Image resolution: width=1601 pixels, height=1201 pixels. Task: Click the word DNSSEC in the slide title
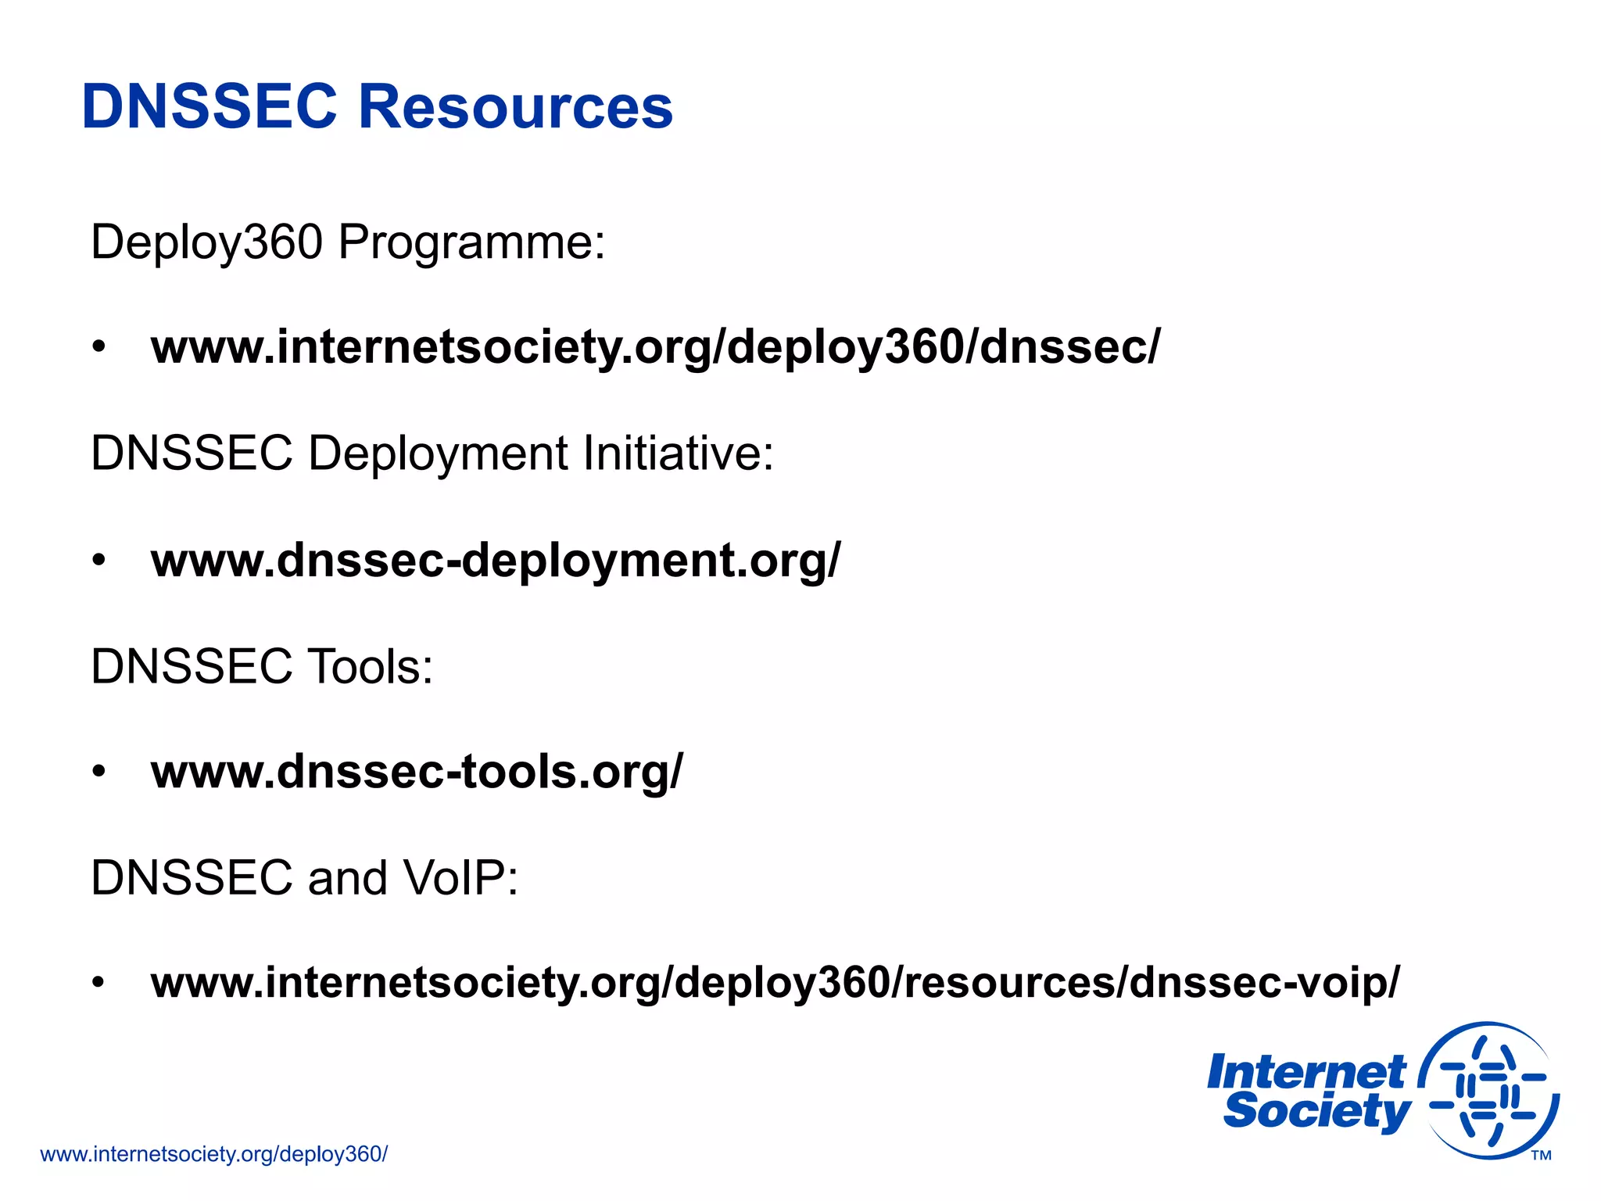tap(209, 106)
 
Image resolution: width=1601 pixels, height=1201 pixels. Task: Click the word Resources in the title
tap(515, 106)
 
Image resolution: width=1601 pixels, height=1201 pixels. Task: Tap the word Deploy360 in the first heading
tap(206, 242)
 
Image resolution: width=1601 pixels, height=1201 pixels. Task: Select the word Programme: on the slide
tap(471, 242)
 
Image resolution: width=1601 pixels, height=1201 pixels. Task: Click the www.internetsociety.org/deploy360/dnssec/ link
tap(656, 347)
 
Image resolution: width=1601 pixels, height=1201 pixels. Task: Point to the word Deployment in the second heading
tap(439, 454)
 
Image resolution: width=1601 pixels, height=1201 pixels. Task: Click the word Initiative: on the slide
tap(678, 454)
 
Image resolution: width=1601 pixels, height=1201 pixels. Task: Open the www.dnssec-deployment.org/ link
tap(496, 561)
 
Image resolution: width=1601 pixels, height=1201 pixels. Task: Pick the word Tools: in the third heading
tap(370, 667)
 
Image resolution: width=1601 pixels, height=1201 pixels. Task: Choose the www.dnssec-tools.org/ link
tap(417, 772)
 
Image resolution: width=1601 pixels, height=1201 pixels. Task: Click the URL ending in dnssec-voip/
tap(775, 983)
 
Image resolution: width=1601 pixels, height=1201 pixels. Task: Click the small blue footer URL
tap(213, 1154)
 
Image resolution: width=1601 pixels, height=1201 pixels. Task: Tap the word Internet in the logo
tap(1306, 1072)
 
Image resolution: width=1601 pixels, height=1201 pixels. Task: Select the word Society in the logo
tap(1316, 1111)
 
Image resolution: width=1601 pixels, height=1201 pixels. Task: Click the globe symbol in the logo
tap(1489, 1090)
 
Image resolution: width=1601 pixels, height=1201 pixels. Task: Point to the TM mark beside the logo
tap(1541, 1156)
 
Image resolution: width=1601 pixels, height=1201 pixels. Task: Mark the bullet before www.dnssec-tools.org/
tap(98, 772)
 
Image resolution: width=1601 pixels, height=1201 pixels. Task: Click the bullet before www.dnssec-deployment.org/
tap(98, 561)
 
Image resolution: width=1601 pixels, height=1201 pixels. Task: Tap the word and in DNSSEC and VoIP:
tap(347, 878)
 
